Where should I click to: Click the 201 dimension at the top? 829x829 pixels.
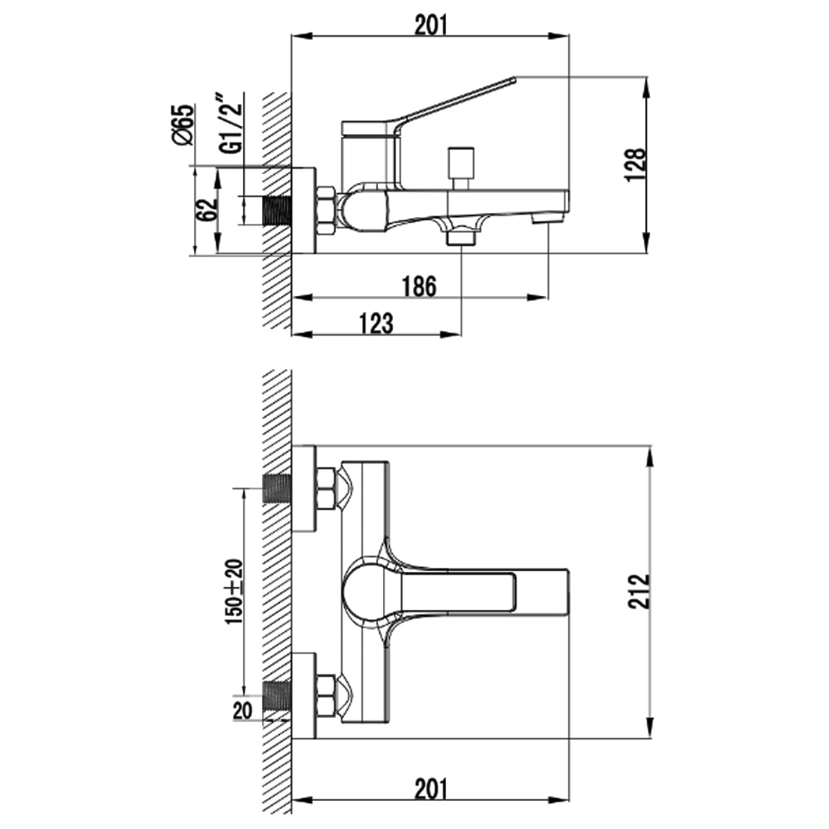coord(430,25)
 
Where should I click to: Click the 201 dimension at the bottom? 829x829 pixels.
coord(430,789)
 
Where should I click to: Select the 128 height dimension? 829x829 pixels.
coord(635,165)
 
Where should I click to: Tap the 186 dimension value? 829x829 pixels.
coord(419,287)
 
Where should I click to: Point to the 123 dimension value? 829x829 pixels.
coord(376,323)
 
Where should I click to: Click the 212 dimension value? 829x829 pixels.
coord(638,592)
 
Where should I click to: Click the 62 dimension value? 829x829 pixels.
coord(207,210)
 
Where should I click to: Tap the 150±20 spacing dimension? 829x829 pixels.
coord(234,591)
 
